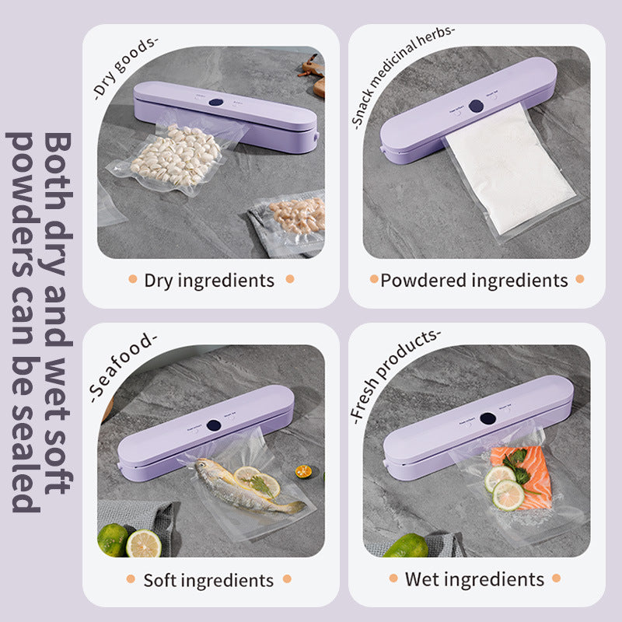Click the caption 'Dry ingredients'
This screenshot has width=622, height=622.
pyautogui.click(x=209, y=281)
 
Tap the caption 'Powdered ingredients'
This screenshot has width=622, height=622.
pyautogui.click(x=473, y=281)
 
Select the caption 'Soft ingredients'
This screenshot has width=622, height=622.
pyautogui.click(x=208, y=580)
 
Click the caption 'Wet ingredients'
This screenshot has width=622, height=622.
pyautogui.click(x=474, y=579)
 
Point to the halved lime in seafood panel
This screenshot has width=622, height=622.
pyautogui.click(x=143, y=543)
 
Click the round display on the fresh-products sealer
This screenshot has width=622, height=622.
pyautogui.click(x=487, y=418)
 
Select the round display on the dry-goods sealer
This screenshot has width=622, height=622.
pyautogui.click(x=218, y=100)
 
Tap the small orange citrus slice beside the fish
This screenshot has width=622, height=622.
pyautogui.click(x=303, y=471)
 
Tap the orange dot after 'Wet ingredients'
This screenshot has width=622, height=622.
pyautogui.click(x=557, y=579)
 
